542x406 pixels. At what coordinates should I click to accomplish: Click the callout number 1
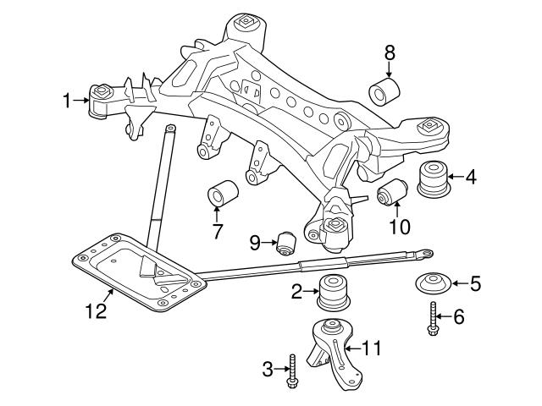pyautogui.click(x=67, y=101)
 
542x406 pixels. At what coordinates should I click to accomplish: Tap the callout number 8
pyautogui.click(x=390, y=52)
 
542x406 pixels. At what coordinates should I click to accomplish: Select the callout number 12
pyautogui.click(x=96, y=311)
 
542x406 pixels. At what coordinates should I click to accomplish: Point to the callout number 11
pyautogui.click(x=372, y=348)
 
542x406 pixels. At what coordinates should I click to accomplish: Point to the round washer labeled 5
pyautogui.click(x=432, y=285)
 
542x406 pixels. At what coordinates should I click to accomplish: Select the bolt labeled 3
pyautogui.click(x=292, y=371)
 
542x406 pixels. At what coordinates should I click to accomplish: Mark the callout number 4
pyautogui.click(x=471, y=177)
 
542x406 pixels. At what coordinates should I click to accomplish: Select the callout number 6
pyautogui.click(x=459, y=317)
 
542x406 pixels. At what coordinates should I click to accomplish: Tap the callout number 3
pyautogui.click(x=268, y=369)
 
